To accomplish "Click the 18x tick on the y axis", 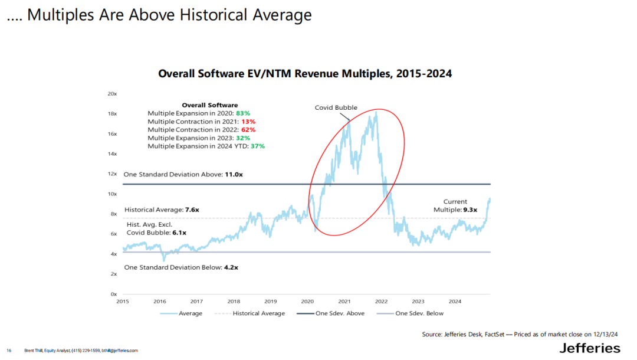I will [112, 113].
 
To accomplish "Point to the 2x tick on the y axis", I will [113, 274].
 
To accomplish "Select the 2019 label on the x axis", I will [270, 301].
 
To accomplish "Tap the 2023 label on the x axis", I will [418, 301].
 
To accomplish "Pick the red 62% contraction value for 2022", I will [248, 129].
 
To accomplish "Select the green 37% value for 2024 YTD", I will [257, 146].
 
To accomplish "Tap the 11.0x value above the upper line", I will [234, 174].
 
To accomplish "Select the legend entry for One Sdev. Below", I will [419, 313].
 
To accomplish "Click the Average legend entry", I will [190, 313].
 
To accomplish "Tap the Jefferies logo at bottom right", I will [589, 348].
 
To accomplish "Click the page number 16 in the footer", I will [9, 351].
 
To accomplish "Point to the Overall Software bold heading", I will [209, 104].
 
